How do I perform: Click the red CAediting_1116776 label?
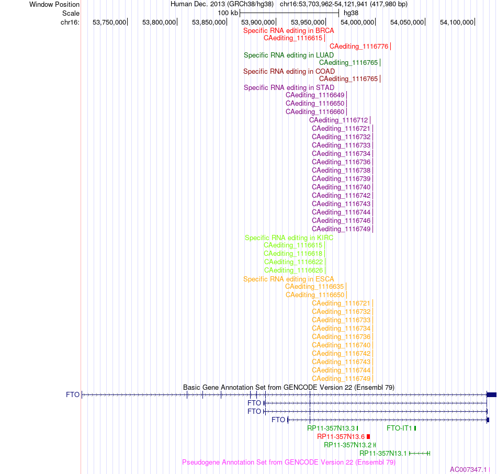(x=359, y=47)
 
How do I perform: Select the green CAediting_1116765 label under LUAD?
(x=348, y=63)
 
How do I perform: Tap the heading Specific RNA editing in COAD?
(x=289, y=71)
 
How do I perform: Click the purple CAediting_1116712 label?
(x=338, y=120)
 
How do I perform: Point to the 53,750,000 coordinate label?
(x=109, y=22)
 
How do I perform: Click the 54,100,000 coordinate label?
(x=457, y=22)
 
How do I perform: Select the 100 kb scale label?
(x=228, y=13)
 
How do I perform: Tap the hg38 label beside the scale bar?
(x=351, y=13)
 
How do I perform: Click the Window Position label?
(x=54, y=4)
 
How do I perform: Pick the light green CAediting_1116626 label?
(x=293, y=270)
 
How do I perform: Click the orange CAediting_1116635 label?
(x=314, y=287)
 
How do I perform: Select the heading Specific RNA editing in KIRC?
(x=289, y=238)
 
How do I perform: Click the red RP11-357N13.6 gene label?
(x=341, y=436)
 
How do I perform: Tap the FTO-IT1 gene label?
(x=399, y=428)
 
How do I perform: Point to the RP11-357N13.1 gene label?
(x=383, y=454)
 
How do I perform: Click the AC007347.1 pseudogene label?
(x=468, y=470)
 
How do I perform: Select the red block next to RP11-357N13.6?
(x=368, y=436)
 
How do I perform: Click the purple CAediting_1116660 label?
(x=315, y=112)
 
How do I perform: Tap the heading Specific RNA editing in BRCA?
(x=289, y=31)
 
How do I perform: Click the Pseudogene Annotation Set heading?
(x=289, y=462)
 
